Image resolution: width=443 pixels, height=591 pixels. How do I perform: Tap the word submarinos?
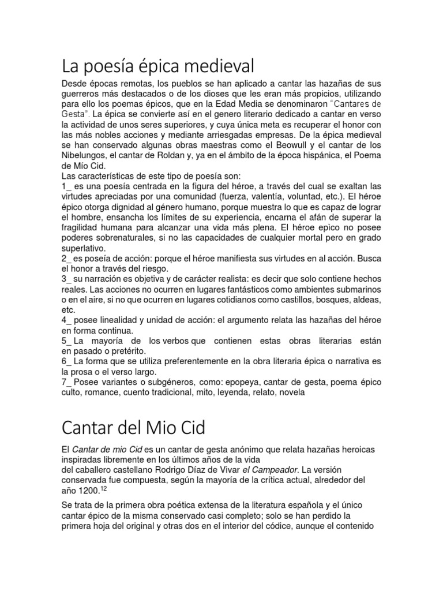[354, 290]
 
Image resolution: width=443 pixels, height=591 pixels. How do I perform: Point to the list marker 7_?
[66, 383]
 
